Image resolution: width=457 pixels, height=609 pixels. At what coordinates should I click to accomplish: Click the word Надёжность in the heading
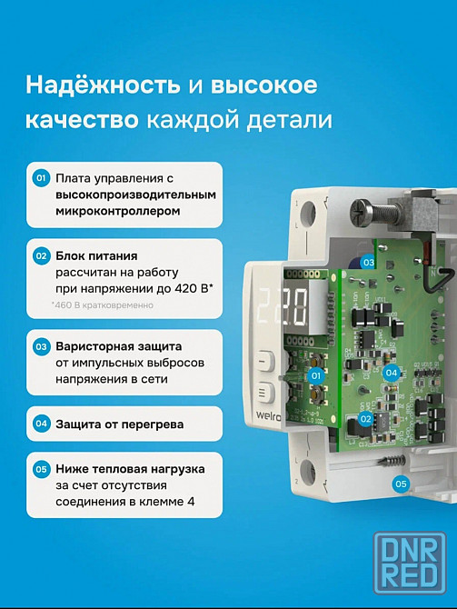pyautogui.click(x=103, y=85)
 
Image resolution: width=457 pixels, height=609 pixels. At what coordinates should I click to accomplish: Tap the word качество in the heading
pyautogui.click(x=82, y=120)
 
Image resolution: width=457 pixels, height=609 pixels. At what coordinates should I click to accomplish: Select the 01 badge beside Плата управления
pyautogui.click(x=41, y=178)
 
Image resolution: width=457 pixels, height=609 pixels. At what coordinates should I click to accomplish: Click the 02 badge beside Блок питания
pyautogui.click(x=41, y=256)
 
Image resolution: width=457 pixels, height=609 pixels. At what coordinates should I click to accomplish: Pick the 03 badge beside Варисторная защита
pyautogui.click(x=41, y=346)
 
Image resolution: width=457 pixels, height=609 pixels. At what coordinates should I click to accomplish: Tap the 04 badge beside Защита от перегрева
pyautogui.click(x=41, y=424)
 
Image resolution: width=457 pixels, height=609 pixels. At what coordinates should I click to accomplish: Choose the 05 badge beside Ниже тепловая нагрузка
pyautogui.click(x=41, y=469)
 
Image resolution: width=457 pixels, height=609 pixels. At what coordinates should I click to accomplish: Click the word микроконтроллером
pyautogui.click(x=117, y=211)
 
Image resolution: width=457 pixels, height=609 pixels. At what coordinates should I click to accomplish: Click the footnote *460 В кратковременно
pyautogui.click(x=103, y=305)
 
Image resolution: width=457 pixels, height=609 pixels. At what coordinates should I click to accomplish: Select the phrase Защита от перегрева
pyautogui.click(x=120, y=424)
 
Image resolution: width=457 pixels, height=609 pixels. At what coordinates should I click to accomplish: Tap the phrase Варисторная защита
pyautogui.click(x=118, y=346)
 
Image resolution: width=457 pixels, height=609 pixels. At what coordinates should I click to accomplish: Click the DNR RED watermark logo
pyautogui.click(x=410, y=563)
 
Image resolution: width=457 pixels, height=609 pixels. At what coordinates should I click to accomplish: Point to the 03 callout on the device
pyautogui.click(x=369, y=263)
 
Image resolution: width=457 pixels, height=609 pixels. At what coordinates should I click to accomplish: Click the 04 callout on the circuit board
pyautogui.click(x=391, y=373)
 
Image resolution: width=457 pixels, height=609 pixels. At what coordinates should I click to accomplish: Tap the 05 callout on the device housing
pyautogui.click(x=401, y=484)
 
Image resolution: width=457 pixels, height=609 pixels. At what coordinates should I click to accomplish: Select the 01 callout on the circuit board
pyautogui.click(x=316, y=375)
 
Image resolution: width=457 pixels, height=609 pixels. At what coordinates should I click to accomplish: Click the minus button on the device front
pyautogui.click(x=266, y=361)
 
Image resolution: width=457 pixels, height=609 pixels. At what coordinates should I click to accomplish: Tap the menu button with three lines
pyautogui.click(x=266, y=392)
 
